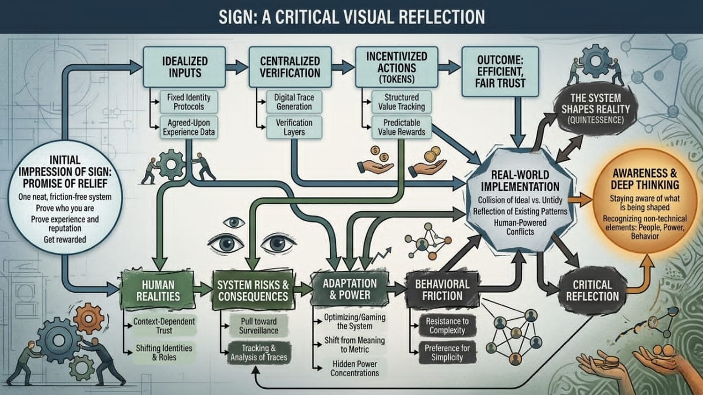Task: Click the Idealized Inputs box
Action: coord(184,66)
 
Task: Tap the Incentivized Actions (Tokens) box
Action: coord(397,66)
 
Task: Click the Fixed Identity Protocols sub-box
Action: coord(185,102)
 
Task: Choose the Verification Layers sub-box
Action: coord(293,127)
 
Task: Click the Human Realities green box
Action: coord(158,289)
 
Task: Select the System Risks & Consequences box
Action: coord(253,289)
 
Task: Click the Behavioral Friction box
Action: coord(441,289)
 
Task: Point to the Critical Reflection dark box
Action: coord(592,290)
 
